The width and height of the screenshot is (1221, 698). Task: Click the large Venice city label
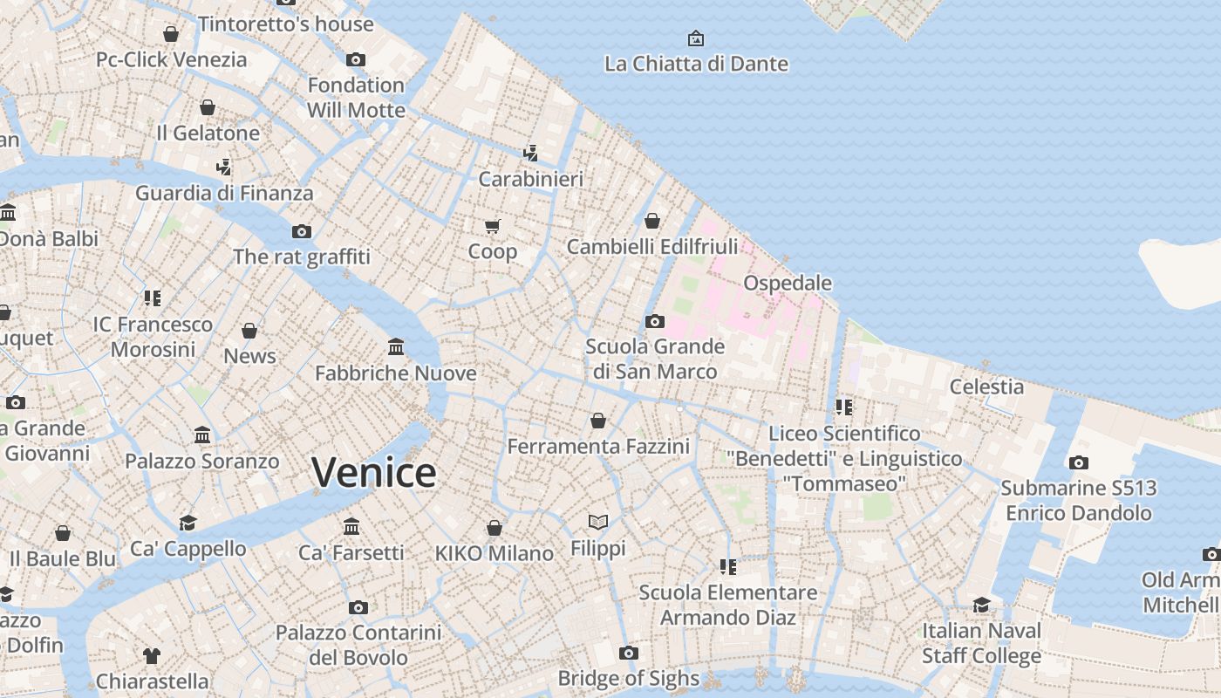(x=374, y=473)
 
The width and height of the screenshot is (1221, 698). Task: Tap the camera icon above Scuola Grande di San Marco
(x=655, y=322)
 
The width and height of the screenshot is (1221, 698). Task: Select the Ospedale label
(x=787, y=284)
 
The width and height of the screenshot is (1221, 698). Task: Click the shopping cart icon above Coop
(x=493, y=227)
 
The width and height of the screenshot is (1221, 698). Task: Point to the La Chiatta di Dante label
(x=696, y=64)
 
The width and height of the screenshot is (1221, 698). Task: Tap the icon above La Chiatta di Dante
(x=696, y=38)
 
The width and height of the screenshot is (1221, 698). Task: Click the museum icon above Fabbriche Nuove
(x=396, y=347)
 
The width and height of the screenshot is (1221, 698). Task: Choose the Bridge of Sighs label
(x=628, y=678)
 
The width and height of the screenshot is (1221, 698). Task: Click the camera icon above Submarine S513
(x=1079, y=463)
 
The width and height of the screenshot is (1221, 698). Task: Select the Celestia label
(x=986, y=387)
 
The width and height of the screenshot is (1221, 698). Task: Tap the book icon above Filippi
(x=597, y=523)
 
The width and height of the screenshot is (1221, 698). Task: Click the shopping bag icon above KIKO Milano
(x=495, y=528)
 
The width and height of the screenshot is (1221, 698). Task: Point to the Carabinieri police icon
(x=530, y=154)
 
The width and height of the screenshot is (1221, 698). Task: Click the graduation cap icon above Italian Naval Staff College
(x=982, y=606)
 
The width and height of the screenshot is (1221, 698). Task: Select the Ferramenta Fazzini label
(x=598, y=447)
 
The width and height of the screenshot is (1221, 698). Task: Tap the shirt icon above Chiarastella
(x=152, y=655)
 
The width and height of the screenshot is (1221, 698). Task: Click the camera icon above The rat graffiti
(x=302, y=231)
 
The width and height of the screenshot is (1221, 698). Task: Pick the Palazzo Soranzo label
(x=201, y=461)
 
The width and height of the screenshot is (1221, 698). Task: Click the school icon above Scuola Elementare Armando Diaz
(x=728, y=567)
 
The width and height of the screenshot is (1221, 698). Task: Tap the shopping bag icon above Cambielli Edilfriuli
(x=652, y=221)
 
